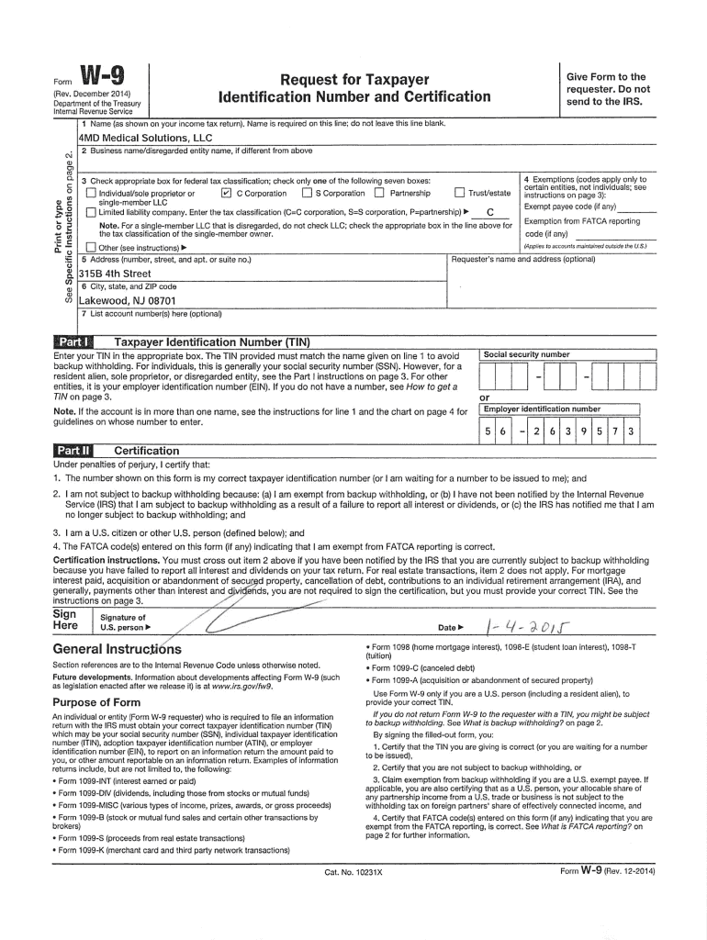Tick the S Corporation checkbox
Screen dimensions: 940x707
click(306, 194)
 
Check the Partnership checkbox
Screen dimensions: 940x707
click(378, 194)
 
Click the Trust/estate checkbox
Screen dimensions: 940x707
click(459, 194)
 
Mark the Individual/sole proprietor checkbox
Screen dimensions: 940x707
click(90, 194)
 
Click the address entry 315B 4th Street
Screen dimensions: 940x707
click(115, 274)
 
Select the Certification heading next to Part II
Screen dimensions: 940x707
click(146, 451)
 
